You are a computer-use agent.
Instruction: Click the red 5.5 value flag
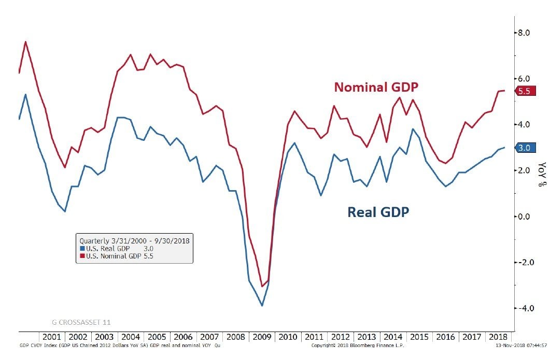click(524, 91)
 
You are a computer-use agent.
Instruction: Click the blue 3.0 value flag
click(524, 148)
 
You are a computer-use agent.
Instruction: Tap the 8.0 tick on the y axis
click(524, 33)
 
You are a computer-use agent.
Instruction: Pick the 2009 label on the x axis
click(262, 337)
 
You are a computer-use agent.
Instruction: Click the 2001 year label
click(52, 337)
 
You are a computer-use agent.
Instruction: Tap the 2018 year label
click(498, 337)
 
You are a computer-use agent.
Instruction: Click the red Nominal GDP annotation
click(376, 87)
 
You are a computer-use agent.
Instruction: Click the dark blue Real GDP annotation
click(378, 212)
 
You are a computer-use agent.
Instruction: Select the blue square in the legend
click(82, 248)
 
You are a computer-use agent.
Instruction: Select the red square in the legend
click(82, 256)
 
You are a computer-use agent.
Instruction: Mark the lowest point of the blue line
click(262, 306)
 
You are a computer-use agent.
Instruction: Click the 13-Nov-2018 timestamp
click(518, 344)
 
